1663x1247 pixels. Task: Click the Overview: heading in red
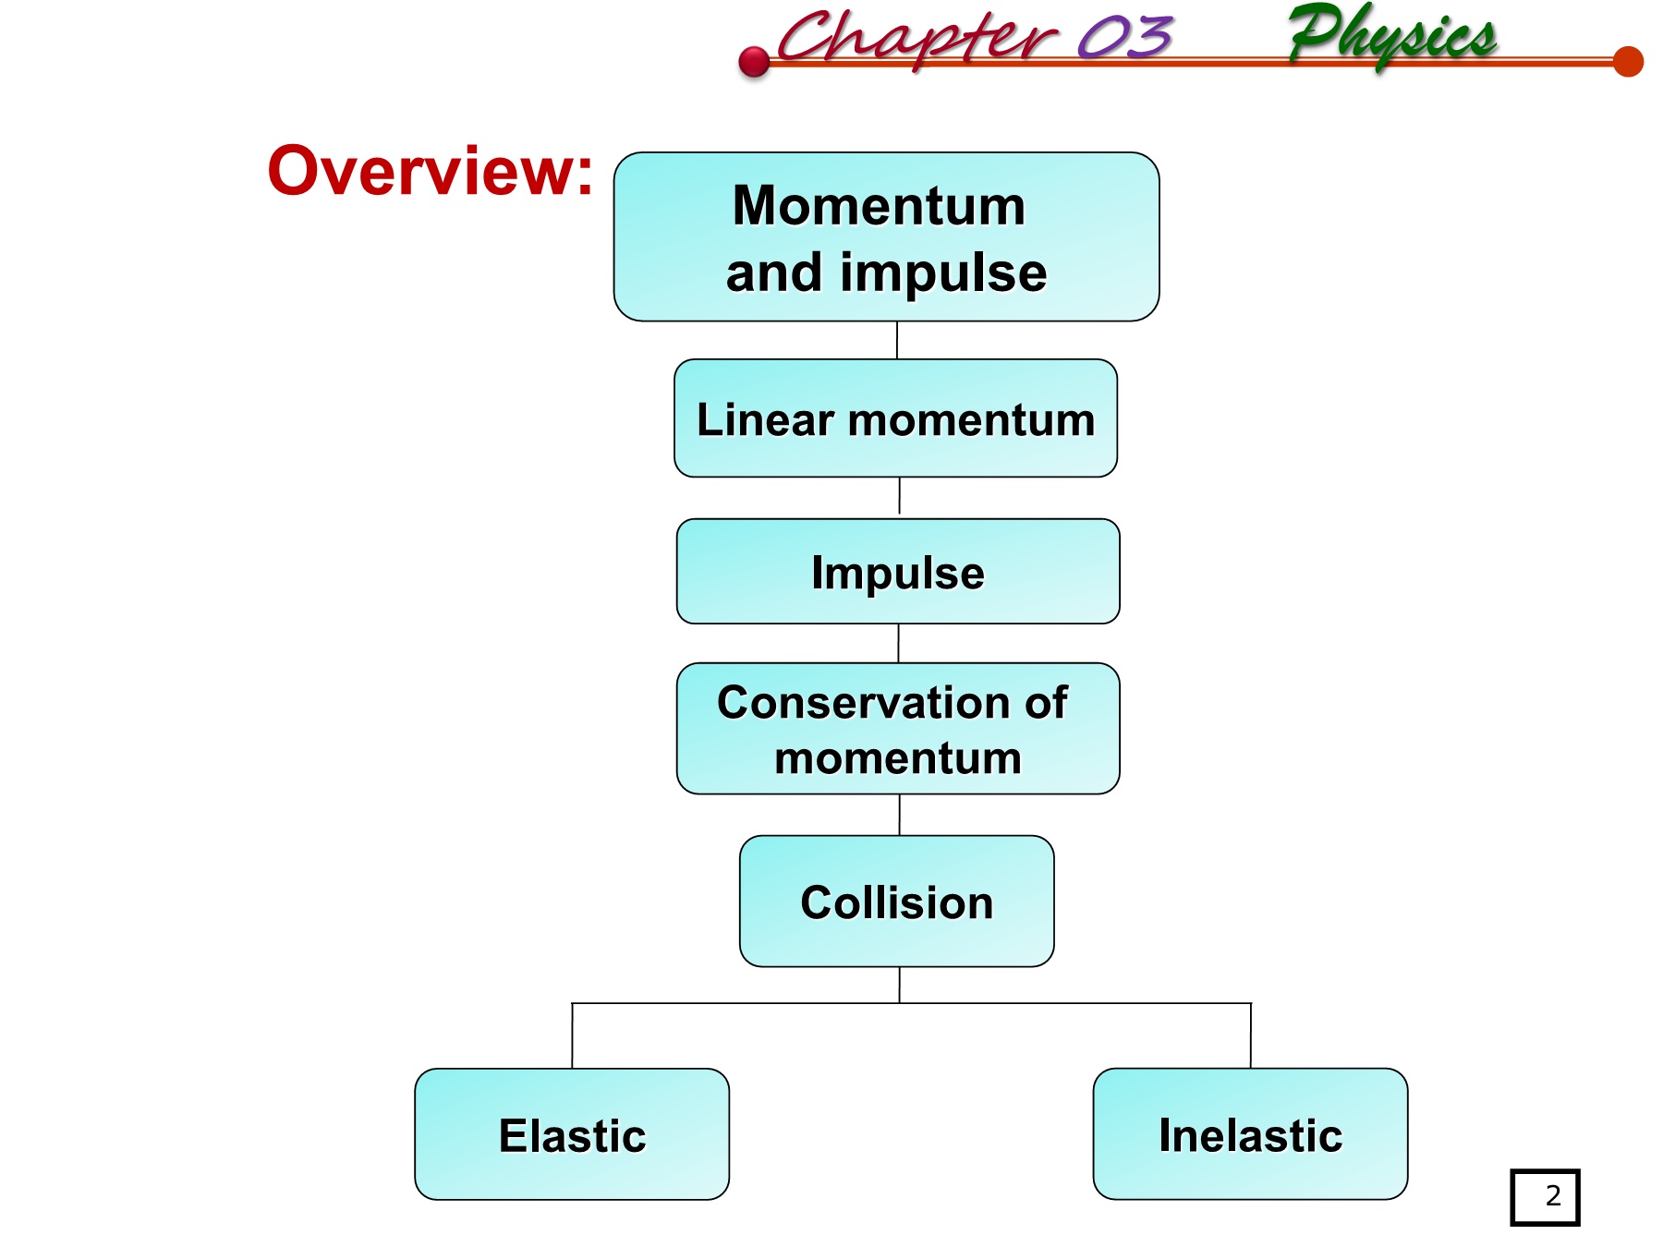pyautogui.click(x=430, y=172)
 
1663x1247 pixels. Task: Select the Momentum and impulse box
pyautogui.click(x=886, y=237)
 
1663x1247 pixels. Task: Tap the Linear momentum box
pyautogui.click(x=895, y=418)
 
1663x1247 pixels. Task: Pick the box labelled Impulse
pyautogui.click(x=898, y=572)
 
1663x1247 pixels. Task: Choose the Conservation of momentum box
pyautogui.click(x=898, y=729)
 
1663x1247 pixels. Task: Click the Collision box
pyautogui.click(x=896, y=902)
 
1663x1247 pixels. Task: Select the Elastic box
pyautogui.click(x=572, y=1134)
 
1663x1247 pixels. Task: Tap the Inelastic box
pyautogui.click(x=1250, y=1134)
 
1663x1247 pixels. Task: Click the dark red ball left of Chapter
pyautogui.click(x=755, y=62)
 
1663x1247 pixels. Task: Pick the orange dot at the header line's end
pyautogui.click(x=1628, y=62)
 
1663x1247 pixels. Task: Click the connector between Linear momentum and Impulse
pyautogui.click(x=899, y=497)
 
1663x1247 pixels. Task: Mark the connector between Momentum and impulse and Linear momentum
pyautogui.click(x=897, y=340)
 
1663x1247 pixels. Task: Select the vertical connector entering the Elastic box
pyautogui.click(x=572, y=1035)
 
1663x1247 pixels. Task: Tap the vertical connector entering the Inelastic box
pyautogui.click(x=1251, y=1035)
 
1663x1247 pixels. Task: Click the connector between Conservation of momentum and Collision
pyautogui.click(x=900, y=815)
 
